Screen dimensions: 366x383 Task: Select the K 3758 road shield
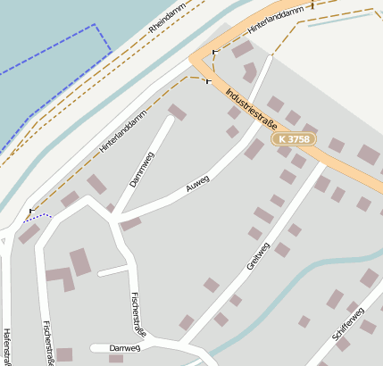click(295, 139)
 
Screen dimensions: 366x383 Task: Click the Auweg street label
click(197, 184)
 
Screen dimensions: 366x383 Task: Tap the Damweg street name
click(125, 347)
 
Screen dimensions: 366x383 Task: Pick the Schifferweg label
click(347, 328)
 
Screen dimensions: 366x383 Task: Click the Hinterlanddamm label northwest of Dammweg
click(122, 129)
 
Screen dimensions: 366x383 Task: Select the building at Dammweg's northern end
click(178, 112)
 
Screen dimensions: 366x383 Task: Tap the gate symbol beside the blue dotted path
click(31, 212)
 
